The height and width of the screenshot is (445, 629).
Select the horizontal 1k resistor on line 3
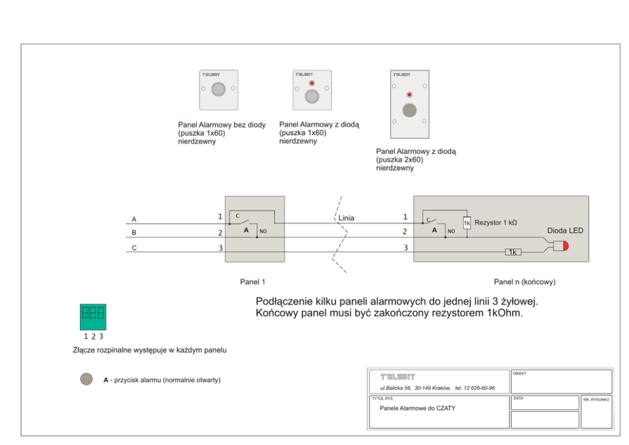pyautogui.click(x=513, y=252)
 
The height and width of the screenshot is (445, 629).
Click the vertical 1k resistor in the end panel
pyautogui.click(x=467, y=223)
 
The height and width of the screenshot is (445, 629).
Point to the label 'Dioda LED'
pyautogui.click(x=565, y=231)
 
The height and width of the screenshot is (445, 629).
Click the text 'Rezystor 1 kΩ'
pyautogui.click(x=496, y=222)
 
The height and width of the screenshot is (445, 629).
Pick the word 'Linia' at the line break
pyautogui.click(x=346, y=218)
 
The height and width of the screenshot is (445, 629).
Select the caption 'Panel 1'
pyautogui.click(x=252, y=280)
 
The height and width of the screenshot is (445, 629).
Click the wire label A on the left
pyautogui.click(x=134, y=219)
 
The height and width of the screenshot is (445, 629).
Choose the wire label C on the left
pyautogui.click(x=134, y=248)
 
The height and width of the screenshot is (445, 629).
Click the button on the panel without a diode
pyautogui.click(x=217, y=89)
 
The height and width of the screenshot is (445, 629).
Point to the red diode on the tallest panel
pyautogui.click(x=409, y=95)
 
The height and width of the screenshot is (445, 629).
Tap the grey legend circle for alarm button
pyautogui.click(x=85, y=380)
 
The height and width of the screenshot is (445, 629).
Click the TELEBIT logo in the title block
pyautogui.click(x=398, y=377)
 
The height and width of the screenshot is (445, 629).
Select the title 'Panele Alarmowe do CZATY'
pyautogui.click(x=417, y=408)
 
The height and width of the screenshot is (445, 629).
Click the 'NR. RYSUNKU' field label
pyautogui.click(x=595, y=399)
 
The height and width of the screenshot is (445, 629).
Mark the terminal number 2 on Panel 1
pyautogui.click(x=220, y=233)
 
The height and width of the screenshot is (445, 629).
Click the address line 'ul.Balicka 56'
pyautogui.click(x=401, y=388)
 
